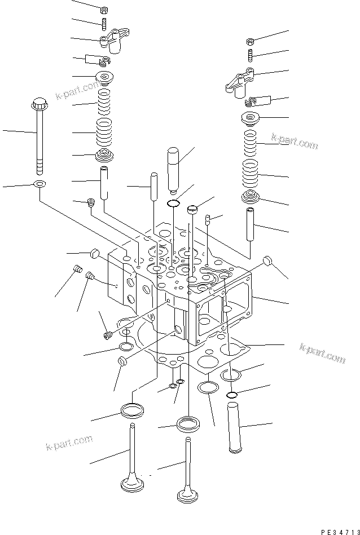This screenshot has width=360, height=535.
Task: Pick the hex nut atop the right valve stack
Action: pos(251,41)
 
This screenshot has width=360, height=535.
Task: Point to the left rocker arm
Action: pos(112,41)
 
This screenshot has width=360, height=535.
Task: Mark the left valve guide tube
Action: pos(105,182)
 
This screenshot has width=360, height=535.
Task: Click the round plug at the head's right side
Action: pos(269,261)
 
